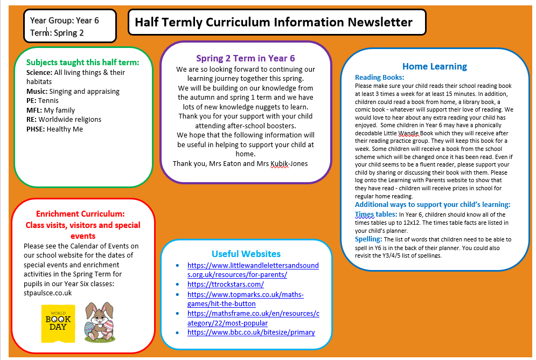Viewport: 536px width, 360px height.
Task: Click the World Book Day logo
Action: pyautogui.click(x=58, y=323)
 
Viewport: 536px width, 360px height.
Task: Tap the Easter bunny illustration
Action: pyautogui.click(x=99, y=322)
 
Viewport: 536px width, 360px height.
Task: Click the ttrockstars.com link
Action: pyautogui.click(x=225, y=284)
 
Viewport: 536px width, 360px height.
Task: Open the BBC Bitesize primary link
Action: pyautogui.click(x=251, y=332)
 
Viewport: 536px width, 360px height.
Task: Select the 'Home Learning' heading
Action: pyautogui.click(x=434, y=66)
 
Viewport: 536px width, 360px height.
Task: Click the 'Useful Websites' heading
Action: pyautogui.click(x=246, y=254)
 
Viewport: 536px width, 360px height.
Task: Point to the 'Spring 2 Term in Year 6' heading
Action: pyautogui.click(x=245, y=58)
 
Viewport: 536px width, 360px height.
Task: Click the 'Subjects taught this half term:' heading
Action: pyautogui.click(x=82, y=62)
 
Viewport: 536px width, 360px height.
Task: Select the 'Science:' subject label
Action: pyautogui.click(x=39, y=72)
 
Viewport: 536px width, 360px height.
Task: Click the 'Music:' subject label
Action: pyautogui.click(x=37, y=91)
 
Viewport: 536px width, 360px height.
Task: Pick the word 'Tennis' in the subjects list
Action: pyautogui.click(x=48, y=101)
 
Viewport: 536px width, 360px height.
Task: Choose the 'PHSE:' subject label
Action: pyautogui.click(x=36, y=129)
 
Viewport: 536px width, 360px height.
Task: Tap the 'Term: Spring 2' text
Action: pyautogui.click(x=57, y=33)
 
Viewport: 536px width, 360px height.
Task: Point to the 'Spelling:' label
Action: pyautogui.click(x=368, y=239)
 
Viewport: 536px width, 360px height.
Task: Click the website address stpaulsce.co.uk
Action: pyautogui.click(x=47, y=293)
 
